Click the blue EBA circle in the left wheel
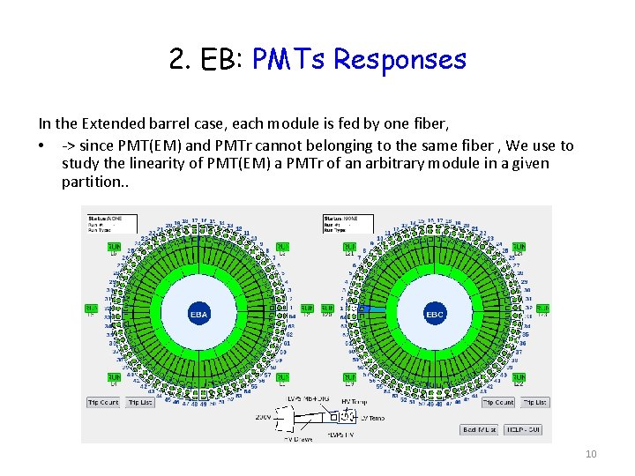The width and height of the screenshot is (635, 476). [198, 313]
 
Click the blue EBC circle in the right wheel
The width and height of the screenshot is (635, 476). [434, 313]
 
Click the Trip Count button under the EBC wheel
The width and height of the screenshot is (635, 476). [497, 402]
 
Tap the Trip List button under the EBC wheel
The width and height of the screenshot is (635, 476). [534, 402]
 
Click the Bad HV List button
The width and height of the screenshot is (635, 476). [481, 429]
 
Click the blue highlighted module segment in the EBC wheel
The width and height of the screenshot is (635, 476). [371, 311]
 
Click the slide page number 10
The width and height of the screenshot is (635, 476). [591, 454]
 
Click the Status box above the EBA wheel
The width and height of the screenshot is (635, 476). [110, 222]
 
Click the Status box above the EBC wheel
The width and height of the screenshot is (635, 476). [347, 222]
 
